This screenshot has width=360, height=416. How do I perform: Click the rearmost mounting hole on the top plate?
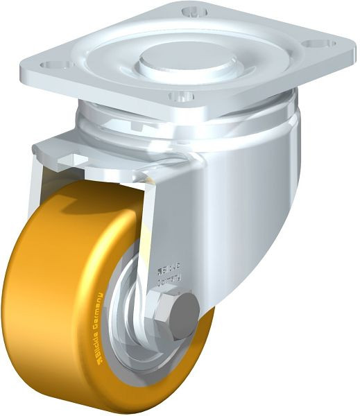coord(194,11)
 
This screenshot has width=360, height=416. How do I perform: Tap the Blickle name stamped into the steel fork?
coord(169,268)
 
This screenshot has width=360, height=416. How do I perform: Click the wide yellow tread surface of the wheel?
coord(42,312)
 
